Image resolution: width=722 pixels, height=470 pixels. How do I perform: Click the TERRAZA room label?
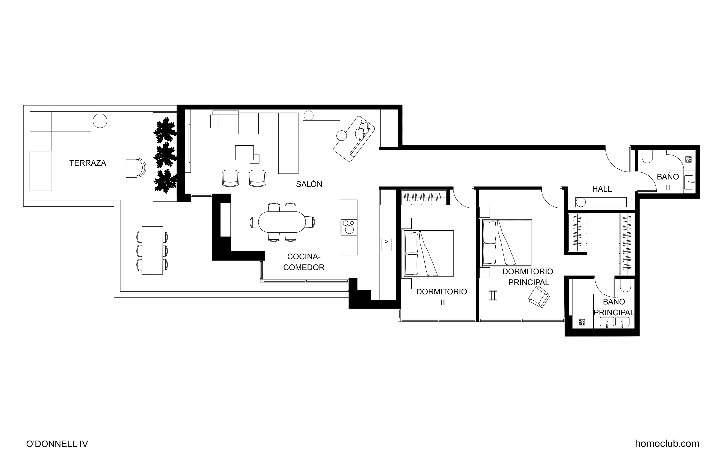(x=88, y=163)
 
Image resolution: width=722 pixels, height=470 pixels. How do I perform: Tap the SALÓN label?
(x=309, y=184)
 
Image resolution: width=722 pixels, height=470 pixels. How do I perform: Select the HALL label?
(x=602, y=189)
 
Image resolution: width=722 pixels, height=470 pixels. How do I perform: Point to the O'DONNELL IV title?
(x=57, y=444)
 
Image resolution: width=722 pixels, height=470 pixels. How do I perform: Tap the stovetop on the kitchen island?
(x=349, y=227)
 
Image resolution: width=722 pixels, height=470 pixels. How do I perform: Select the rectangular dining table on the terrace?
(x=152, y=250)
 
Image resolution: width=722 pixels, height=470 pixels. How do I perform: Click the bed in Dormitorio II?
(x=427, y=254)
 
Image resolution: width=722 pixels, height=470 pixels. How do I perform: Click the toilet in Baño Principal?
(x=626, y=285)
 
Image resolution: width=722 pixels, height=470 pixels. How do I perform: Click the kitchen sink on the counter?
(x=386, y=245)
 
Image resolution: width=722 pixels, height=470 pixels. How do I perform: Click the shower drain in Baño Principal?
(x=581, y=322)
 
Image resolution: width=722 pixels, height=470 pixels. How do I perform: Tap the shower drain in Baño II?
(x=688, y=160)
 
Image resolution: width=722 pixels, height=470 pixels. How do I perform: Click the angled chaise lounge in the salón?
(x=354, y=139)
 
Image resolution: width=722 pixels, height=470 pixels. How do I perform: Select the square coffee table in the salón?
(x=244, y=153)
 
